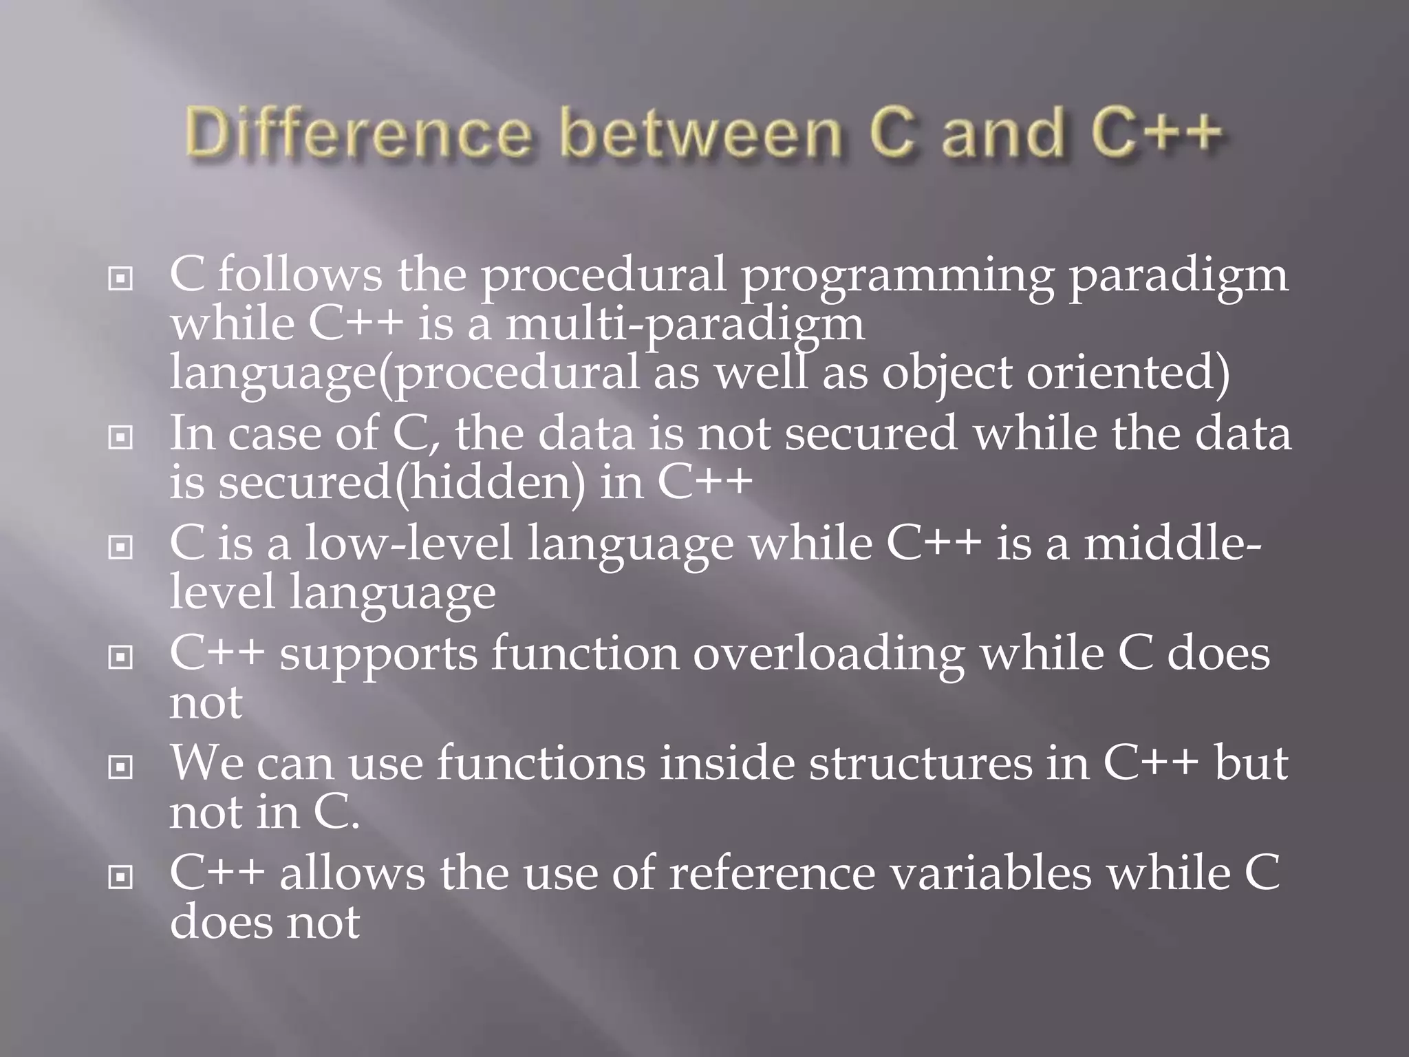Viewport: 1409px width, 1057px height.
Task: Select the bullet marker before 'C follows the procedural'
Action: coord(121,279)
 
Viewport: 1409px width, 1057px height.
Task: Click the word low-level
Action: coord(409,544)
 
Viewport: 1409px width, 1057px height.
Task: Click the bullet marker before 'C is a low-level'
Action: coord(121,548)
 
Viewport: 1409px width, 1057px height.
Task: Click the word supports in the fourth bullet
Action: coord(378,655)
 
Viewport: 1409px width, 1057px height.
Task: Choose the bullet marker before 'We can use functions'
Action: coord(121,767)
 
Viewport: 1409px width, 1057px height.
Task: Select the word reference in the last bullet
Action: coord(772,874)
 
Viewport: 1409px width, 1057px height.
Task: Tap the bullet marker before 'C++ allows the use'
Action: coord(121,877)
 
